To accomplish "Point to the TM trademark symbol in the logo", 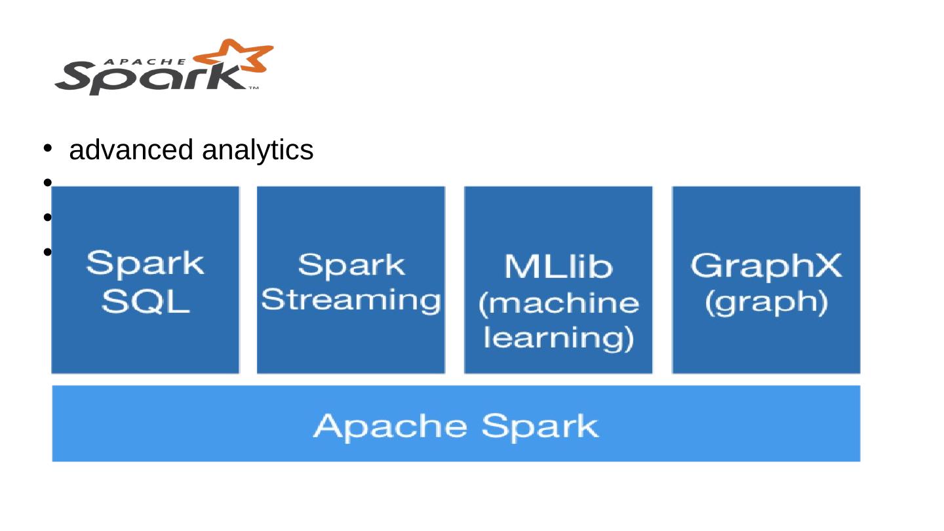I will click(253, 88).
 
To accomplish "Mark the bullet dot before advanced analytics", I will click(47, 148).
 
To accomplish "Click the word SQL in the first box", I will click(146, 302).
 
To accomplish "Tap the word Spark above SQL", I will click(146, 264).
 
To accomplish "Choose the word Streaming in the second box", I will click(351, 300).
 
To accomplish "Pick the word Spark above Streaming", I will click(351, 265).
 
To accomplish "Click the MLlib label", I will click(559, 267).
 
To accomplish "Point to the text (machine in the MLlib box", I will click(559, 304).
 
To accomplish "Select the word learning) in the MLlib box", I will click(559, 338).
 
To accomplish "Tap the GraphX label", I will click(766, 266).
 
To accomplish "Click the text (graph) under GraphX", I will click(766, 302).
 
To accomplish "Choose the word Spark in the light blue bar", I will click(540, 426).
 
